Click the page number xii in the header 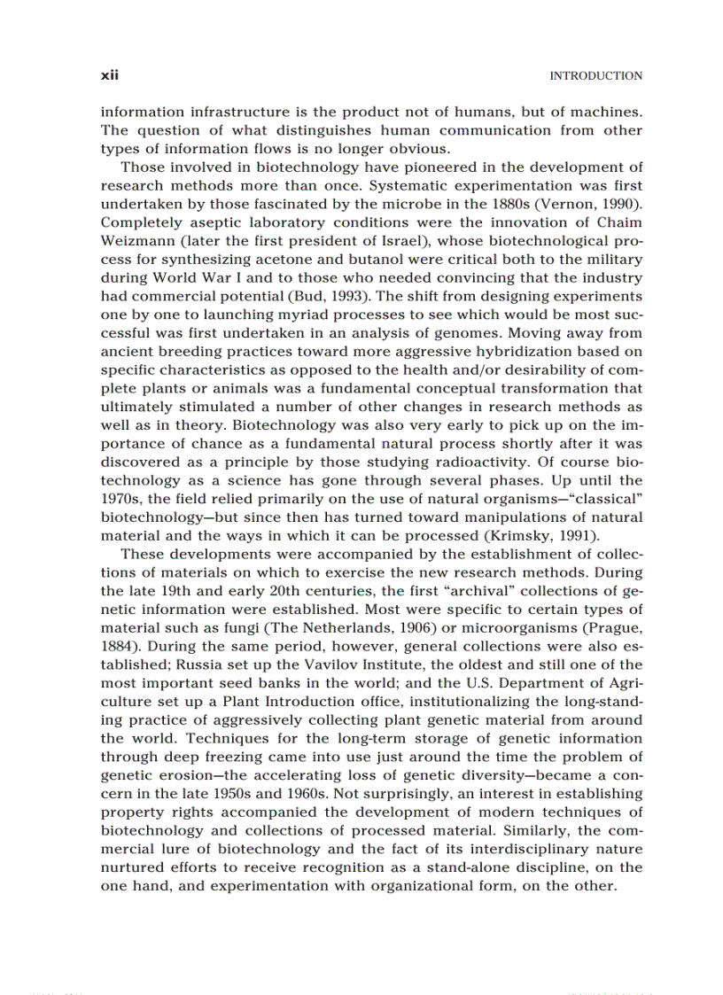[109, 76]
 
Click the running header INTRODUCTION [595, 76]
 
